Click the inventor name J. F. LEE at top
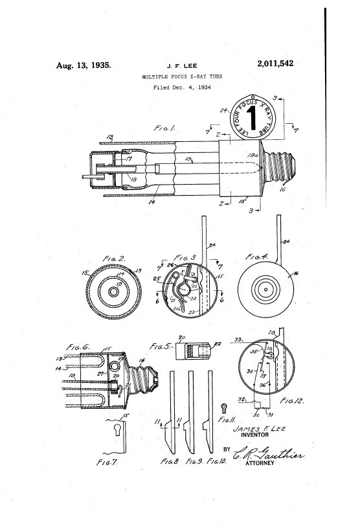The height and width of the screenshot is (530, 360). coord(180,65)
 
